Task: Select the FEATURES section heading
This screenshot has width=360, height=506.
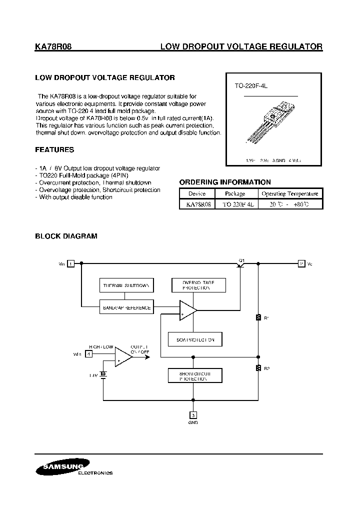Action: click(x=54, y=149)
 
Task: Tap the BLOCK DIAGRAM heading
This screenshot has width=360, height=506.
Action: click(x=66, y=236)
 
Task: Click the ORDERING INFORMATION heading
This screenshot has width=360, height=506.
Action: click(x=225, y=182)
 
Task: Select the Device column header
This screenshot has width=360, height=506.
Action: click(x=197, y=194)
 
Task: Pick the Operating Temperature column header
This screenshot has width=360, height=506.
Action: click(x=289, y=194)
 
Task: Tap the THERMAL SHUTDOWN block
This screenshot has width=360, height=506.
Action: click(x=126, y=285)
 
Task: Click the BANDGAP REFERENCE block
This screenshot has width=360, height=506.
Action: click(x=126, y=308)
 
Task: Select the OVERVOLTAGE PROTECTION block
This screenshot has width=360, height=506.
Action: click(x=199, y=285)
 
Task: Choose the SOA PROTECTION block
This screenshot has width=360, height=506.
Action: click(x=195, y=339)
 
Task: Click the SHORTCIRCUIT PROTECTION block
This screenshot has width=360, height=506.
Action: click(x=195, y=376)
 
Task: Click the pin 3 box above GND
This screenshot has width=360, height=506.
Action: click(x=193, y=414)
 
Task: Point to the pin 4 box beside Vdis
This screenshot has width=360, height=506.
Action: click(x=89, y=354)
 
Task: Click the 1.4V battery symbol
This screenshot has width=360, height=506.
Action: click(x=103, y=374)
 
